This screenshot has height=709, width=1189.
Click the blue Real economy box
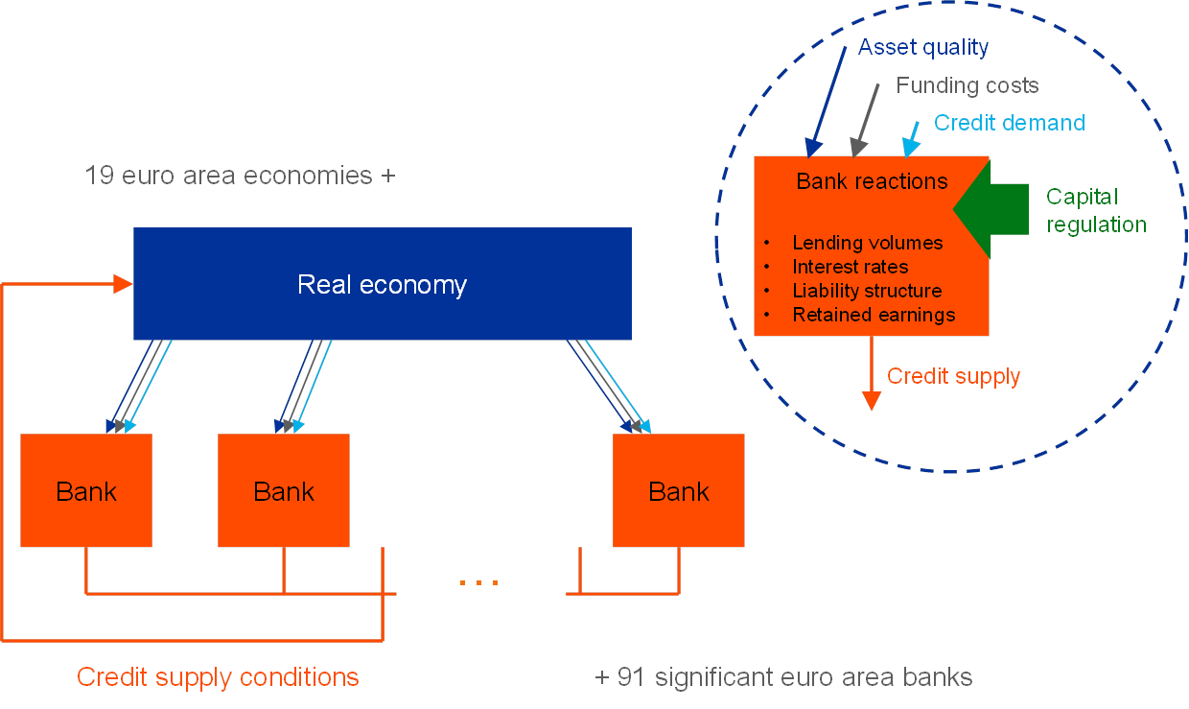[382, 284]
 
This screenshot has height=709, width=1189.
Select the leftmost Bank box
[86, 491]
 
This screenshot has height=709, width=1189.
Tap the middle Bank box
[284, 491]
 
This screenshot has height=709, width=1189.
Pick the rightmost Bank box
[679, 491]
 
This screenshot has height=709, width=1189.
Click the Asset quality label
[923, 47]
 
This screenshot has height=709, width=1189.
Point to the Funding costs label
[968, 85]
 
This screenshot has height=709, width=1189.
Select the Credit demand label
[1010, 123]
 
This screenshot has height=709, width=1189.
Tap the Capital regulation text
[1096, 211]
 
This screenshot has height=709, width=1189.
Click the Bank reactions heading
[872, 181]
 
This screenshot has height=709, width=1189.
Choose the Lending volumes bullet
[867, 243]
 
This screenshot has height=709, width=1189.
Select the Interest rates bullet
[850, 267]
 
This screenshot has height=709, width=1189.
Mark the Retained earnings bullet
[874, 315]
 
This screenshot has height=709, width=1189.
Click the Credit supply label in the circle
[953, 376]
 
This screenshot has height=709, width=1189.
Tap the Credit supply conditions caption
[218, 677]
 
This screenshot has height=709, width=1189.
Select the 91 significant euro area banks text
[783, 677]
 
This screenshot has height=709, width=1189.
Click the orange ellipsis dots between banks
[478, 581]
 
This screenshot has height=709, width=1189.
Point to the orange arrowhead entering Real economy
[123, 283]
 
